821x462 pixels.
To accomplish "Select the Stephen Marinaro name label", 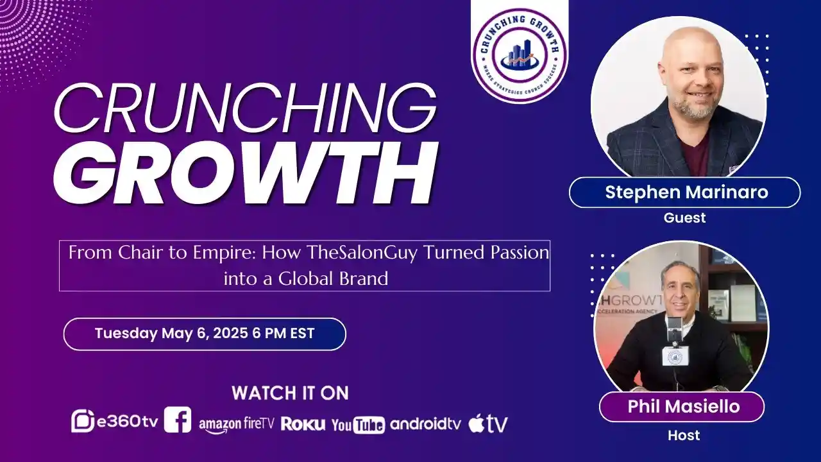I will [x=684, y=193].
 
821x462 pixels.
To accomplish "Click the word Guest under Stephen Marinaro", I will [x=684, y=218].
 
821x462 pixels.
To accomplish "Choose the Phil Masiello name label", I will [x=681, y=406].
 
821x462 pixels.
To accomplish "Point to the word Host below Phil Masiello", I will [x=684, y=436].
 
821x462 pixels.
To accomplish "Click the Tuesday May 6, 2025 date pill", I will [x=205, y=334].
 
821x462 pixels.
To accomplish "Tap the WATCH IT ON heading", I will [x=290, y=393].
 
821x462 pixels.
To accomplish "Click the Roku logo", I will [x=303, y=424].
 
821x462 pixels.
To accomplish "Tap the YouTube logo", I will [x=358, y=424].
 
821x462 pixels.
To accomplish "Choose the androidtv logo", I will [x=425, y=424].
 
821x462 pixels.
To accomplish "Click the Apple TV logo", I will [x=488, y=424].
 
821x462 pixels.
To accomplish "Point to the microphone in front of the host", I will [x=675, y=334].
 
